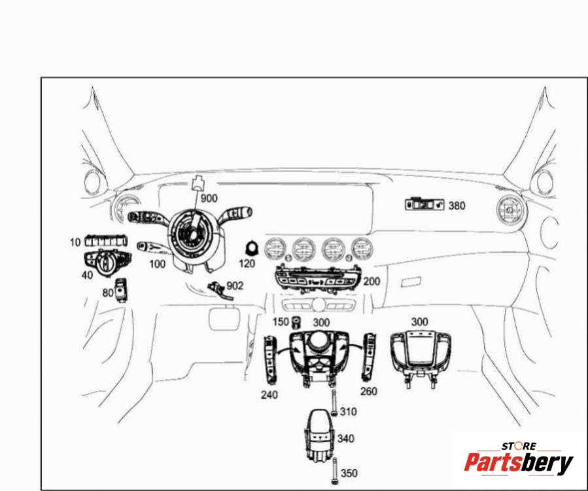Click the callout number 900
[x=209, y=198]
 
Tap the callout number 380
[x=457, y=206]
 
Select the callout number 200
[x=372, y=281]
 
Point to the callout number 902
[x=235, y=286]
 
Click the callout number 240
[x=269, y=395]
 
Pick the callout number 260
[x=369, y=391]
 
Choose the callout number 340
[x=345, y=439]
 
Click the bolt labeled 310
[x=334, y=403]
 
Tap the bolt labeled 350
[x=334, y=471]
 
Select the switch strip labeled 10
[x=106, y=241]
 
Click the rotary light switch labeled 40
[x=108, y=263]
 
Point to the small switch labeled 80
[x=121, y=290]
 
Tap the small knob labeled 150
[x=296, y=322]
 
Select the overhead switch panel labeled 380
[x=424, y=204]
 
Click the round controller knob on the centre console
[x=318, y=341]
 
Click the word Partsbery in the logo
[x=519, y=462]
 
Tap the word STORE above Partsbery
[x=519, y=446]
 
